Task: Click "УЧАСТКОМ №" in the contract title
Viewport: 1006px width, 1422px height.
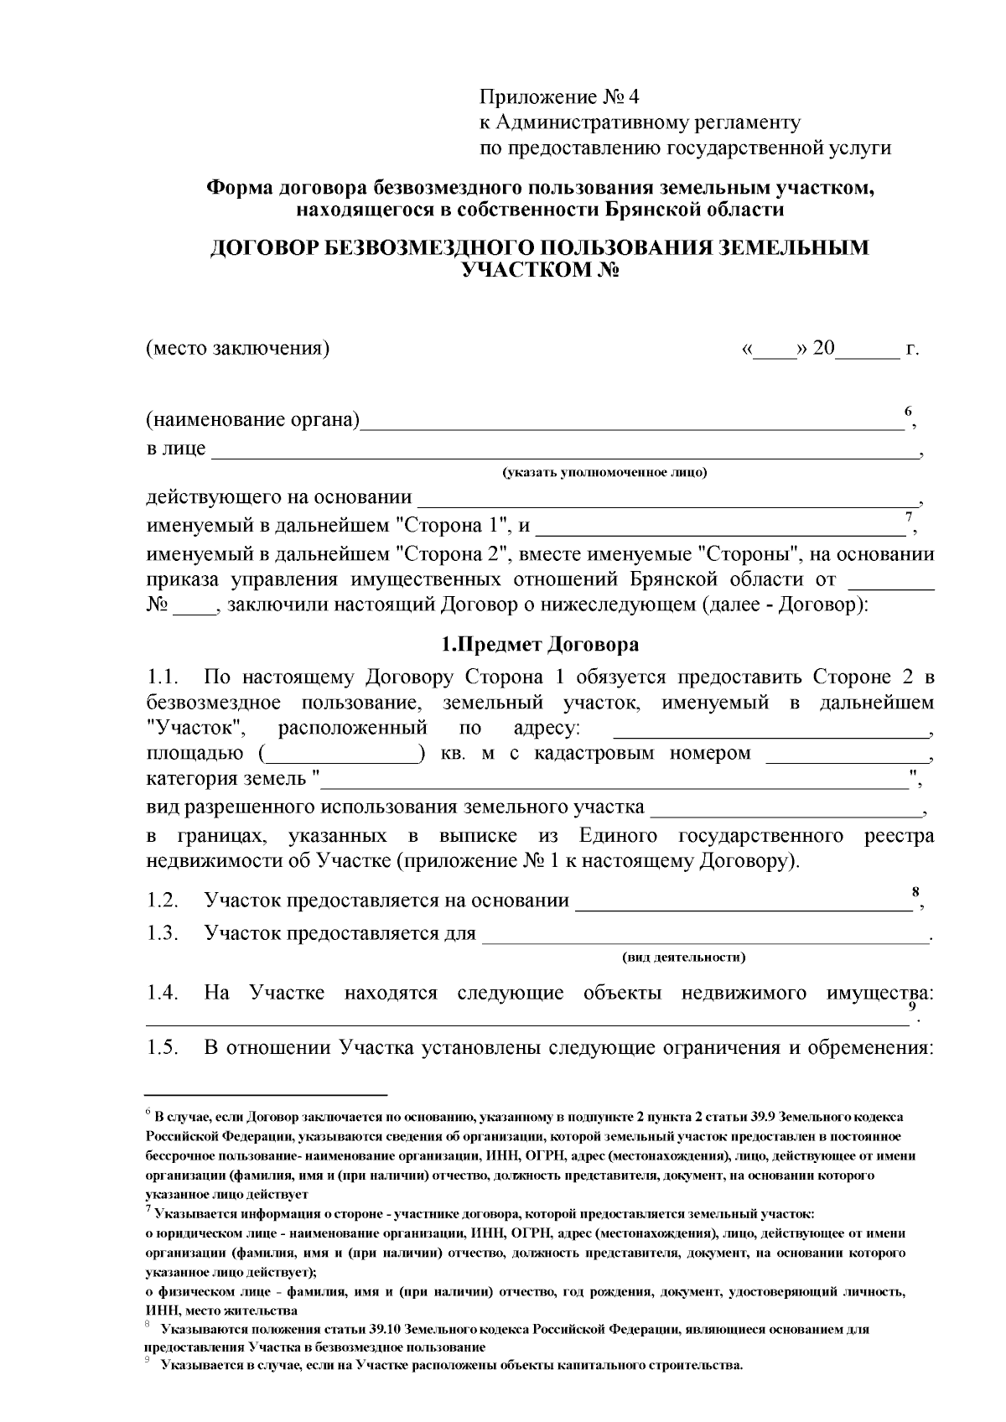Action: click(x=541, y=269)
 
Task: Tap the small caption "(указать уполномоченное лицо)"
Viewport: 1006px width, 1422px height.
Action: click(x=604, y=473)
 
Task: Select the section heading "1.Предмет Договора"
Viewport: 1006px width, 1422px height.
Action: click(x=540, y=645)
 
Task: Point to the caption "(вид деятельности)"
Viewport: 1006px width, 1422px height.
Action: click(x=683, y=957)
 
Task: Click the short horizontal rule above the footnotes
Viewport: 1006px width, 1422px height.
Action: click(x=266, y=1094)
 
